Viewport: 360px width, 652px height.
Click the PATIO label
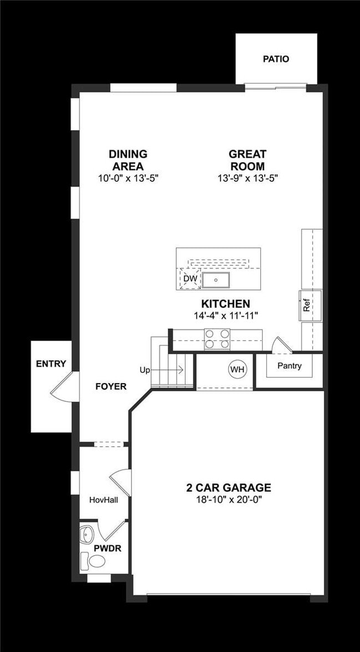(276, 59)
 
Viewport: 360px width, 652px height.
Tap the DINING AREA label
(128, 160)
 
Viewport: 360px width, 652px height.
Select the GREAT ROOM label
(247, 160)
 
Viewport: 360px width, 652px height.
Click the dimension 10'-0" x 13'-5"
(128, 178)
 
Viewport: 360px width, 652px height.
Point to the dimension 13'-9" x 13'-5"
(247, 178)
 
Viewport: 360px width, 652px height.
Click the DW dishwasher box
(189, 279)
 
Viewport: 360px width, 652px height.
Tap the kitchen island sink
(215, 280)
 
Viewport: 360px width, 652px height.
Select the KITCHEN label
(225, 304)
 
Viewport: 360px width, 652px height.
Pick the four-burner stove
(217, 339)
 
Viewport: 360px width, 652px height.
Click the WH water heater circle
(237, 369)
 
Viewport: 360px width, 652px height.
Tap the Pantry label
(290, 366)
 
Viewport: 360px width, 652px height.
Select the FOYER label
(111, 386)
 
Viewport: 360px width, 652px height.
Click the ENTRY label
(51, 364)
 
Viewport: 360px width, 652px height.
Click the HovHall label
(104, 500)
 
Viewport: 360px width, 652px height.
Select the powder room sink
(88, 535)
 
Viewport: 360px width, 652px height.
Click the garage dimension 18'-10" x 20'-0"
(228, 500)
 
